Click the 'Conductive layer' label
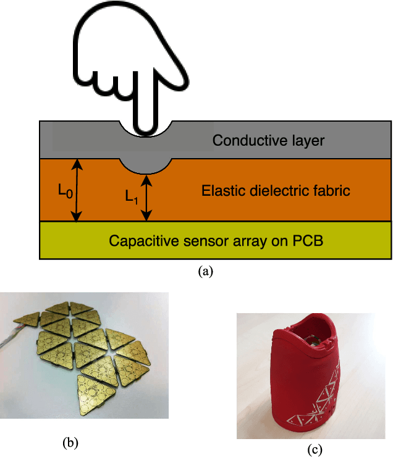(268, 140)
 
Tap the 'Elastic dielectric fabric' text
(276, 191)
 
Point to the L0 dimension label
(64, 192)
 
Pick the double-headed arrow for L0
(76, 190)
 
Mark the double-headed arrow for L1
(146, 198)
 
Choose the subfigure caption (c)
(316, 450)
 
